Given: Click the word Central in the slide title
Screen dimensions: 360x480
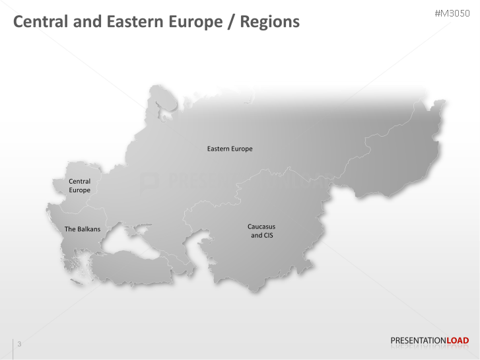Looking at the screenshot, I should click(x=40, y=22).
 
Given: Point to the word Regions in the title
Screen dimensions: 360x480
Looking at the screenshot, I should click(x=269, y=22).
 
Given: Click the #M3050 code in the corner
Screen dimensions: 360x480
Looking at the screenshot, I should click(x=452, y=13).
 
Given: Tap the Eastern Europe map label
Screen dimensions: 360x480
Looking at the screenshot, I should click(x=230, y=149).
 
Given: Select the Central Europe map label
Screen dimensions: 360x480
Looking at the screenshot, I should click(x=79, y=186).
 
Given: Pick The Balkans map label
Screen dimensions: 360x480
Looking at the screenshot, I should click(x=83, y=229).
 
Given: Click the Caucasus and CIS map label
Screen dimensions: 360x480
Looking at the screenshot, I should click(x=261, y=231).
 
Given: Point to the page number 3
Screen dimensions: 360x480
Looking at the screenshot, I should click(x=19, y=343).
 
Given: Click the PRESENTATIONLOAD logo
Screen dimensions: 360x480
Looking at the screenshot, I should click(x=429, y=341).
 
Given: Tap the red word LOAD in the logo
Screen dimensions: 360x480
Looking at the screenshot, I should click(x=458, y=341).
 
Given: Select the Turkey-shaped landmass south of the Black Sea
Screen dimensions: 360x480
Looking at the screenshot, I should click(x=132, y=268).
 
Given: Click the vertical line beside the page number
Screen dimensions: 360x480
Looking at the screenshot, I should click(x=13, y=348).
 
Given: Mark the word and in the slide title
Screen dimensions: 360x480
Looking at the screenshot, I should click(x=88, y=22).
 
